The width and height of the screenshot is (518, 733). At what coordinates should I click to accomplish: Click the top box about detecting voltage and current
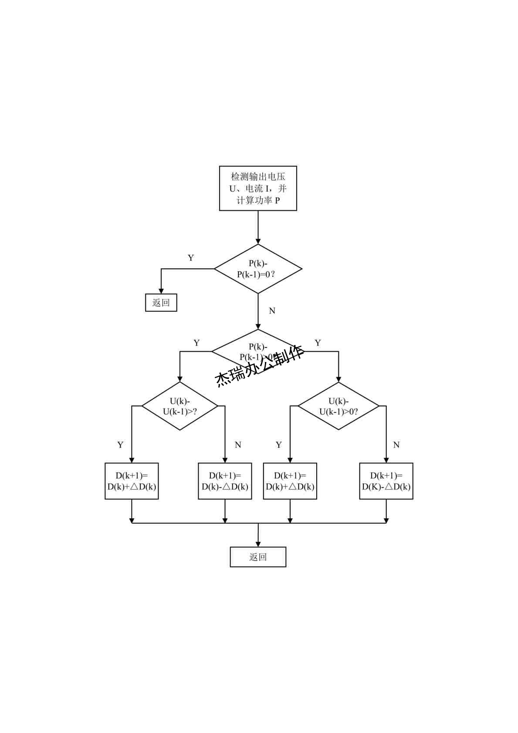point(258,188)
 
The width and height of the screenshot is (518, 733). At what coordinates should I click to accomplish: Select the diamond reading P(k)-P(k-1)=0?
point(258,269)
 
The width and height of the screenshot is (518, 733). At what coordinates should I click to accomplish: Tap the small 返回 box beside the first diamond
point(161,303)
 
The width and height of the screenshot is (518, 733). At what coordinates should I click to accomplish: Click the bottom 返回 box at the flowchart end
point(258,557)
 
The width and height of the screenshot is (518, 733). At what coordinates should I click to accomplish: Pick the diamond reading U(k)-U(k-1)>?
point(180,406)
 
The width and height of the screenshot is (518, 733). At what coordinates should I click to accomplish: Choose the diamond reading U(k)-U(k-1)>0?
point(339,406)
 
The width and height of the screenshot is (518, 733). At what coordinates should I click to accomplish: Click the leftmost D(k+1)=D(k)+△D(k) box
point(132,481)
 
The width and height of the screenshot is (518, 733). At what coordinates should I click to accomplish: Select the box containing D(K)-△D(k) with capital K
point(386,481)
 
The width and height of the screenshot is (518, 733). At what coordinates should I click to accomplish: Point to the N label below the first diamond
point(272,311)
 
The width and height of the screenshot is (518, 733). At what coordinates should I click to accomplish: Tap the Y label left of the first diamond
point(191,258)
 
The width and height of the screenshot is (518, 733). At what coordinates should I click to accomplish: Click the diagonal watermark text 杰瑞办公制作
point(260,366)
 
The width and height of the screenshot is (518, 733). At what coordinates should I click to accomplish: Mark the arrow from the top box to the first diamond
point(258,227)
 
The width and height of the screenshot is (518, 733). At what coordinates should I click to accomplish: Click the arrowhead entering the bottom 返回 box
point(258,544)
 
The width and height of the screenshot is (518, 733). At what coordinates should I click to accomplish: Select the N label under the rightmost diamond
point(396,445)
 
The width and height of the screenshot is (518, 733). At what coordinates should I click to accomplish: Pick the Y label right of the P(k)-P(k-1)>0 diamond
point(318,343)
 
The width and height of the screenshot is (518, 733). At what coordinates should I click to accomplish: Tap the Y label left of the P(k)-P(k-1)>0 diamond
point(196,343)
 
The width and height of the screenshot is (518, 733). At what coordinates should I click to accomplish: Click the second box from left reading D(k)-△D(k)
point(225,481)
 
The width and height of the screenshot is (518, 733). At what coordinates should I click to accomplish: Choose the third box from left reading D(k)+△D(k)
point(290,481)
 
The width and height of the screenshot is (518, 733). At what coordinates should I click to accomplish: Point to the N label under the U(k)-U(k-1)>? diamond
point(238,445)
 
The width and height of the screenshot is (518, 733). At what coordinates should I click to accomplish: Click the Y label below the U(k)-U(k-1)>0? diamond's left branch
point(279,445)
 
